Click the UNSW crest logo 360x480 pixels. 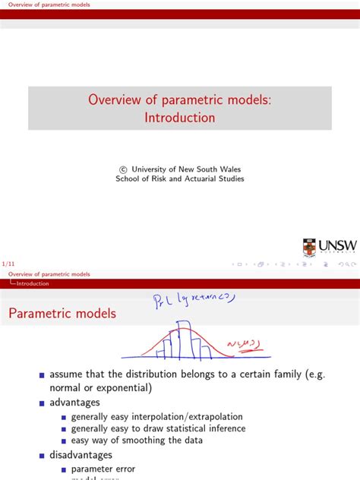pos(308,247)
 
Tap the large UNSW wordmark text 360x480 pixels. pos(336,247)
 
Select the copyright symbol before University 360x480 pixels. pos(124,170)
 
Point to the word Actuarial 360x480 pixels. pos(201,179)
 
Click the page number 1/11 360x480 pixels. pos(8,264)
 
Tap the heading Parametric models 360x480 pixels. pos(62,313)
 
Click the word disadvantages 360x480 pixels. pos(81,454)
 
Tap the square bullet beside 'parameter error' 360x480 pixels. pos(64,469)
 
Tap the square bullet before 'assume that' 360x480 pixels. pos(43,375)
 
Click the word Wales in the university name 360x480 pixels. pos(229,170)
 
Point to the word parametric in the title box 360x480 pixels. pos(187,99)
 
